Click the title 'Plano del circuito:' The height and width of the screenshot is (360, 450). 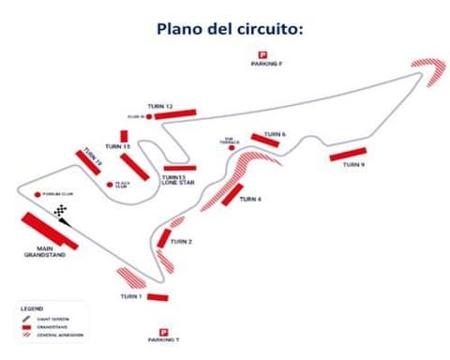(225, 28)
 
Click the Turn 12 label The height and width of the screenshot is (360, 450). (160, 107)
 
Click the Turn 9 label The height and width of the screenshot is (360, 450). (352, 164)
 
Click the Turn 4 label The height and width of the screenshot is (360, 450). (249, 200)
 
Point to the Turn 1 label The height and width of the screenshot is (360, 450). (131, 296)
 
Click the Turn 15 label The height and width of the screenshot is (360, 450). (118, 147)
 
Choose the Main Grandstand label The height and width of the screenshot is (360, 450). (42, 253)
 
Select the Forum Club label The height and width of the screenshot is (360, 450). (56, 194)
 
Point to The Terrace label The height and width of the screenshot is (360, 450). (230, 140)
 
